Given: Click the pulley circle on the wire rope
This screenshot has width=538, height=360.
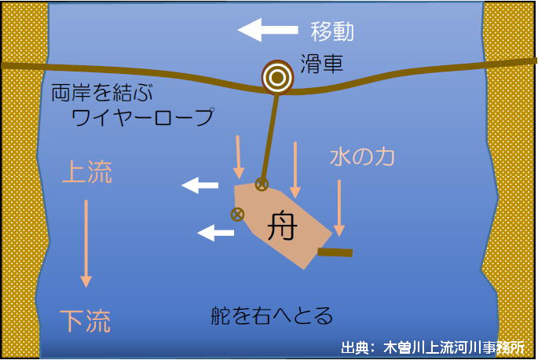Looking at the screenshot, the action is pyautogui.click(x=276, y=76).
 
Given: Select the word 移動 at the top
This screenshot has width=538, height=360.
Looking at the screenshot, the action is pyautogui.click(x=332, y=31).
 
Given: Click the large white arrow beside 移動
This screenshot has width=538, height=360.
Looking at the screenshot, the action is pyautogui.click(x=268, y=31).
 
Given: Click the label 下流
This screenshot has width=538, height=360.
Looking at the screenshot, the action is pyautogui.click(x=86, y=321).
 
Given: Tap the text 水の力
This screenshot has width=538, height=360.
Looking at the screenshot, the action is pyautogui.click(x=361, y=156).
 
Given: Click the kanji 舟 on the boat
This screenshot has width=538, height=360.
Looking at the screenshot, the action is pyautogui.click(x=281, y=226).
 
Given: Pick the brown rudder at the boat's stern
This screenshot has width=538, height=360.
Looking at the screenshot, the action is pyautogui.click(x=335, y=252).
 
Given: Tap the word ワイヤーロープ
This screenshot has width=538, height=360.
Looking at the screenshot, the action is pyautogui.click(x=142, y=118).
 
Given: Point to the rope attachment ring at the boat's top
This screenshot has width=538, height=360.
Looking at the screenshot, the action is pyautogui.click(x=262, y=185).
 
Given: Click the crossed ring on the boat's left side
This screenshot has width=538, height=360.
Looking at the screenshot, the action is pyautogui.click(x=236, y=214).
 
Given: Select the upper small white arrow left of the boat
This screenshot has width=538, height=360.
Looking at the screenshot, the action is pyautogui.click(x=200, y=186).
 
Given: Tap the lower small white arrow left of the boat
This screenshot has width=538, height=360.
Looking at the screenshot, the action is pyautogui.click(x=215, y=233).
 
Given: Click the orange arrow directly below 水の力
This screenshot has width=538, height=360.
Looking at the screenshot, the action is pyautogui.click(x=339, y=208).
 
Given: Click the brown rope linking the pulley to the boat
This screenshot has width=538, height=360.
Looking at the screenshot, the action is pyautogui.click(x=269, y=134).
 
